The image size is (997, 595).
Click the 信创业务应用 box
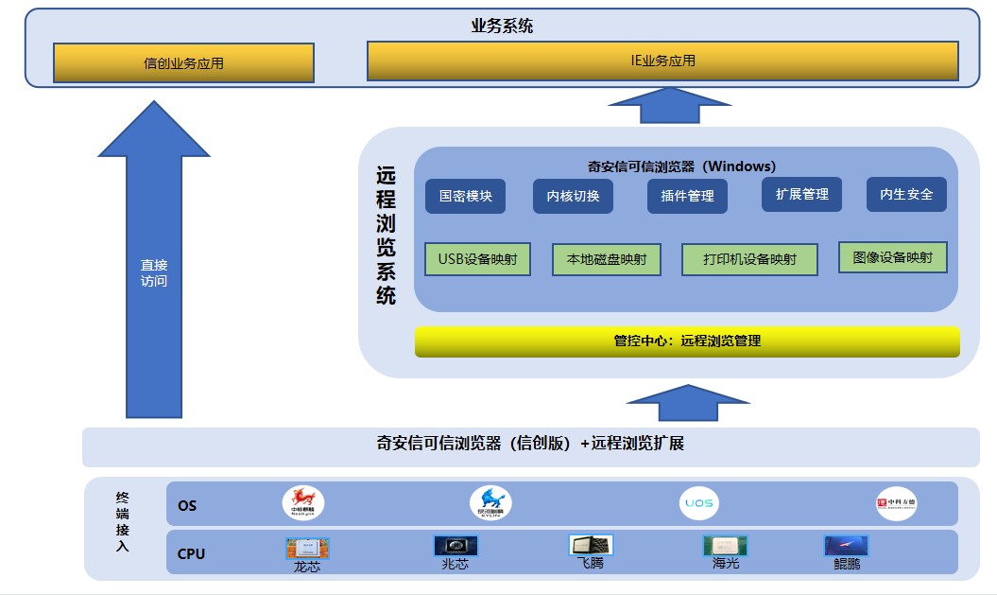(x=183, y=63)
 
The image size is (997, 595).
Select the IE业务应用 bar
(x=662, y=61)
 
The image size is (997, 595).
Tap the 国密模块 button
(x=465, y=196)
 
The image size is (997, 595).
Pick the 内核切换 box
(x=573, y=196)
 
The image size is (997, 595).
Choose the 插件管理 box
(x=687, y=196)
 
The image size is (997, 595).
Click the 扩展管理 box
(x=801, y=194)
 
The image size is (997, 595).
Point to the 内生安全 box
(x=906, y=194)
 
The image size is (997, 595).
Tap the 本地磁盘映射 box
(x=606, y=259)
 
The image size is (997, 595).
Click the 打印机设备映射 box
(x=749, y=259)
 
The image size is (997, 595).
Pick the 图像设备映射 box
(x=892, y=256)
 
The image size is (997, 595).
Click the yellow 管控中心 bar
(x=687, y=341)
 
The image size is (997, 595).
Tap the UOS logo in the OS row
(x=698, y=504)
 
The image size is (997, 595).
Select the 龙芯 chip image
(x=307, y=548)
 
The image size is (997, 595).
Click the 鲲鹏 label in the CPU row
(x=847, y=565)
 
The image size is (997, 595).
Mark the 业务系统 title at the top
(x=502, y=26)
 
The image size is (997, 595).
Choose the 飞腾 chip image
(x=591, y=545)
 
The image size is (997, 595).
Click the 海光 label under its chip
(x=726, y=564)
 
